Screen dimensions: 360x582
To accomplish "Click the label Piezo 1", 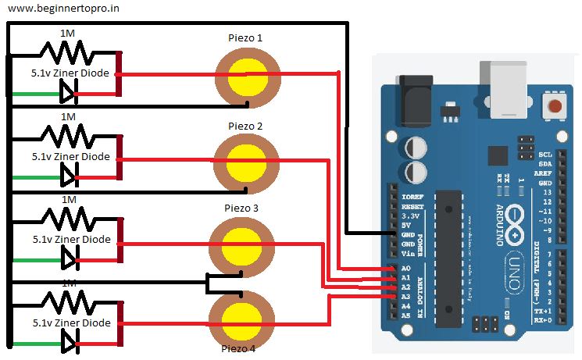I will point(245,37).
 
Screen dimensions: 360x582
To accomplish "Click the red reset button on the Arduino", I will point(555,107).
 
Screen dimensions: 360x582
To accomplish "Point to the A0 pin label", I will point(405,269).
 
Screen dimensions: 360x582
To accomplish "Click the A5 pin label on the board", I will point(405,315).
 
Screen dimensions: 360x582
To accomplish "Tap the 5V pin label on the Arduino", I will point(406,226).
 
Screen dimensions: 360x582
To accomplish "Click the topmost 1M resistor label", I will point(68,32).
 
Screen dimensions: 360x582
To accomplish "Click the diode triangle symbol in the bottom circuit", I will point(68,340).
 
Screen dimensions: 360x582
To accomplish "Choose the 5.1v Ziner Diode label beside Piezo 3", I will point(71,239).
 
